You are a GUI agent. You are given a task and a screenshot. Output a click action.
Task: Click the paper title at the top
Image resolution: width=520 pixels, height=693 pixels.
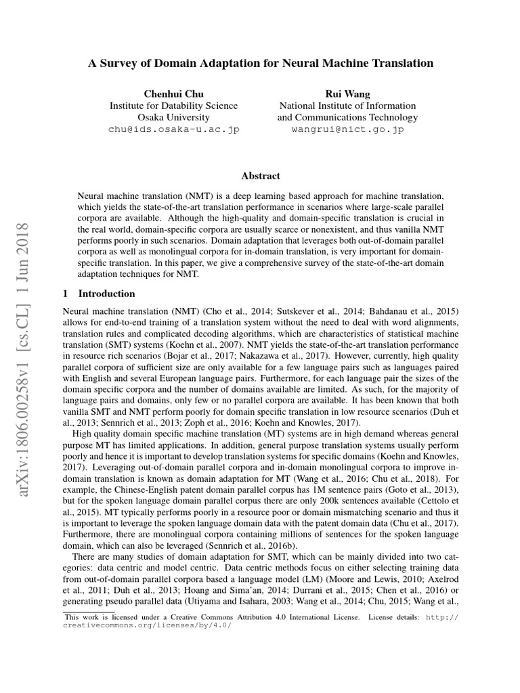(x=261, y=63)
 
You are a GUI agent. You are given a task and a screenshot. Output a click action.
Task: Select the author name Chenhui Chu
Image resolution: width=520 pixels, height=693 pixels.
(x=173, y=93)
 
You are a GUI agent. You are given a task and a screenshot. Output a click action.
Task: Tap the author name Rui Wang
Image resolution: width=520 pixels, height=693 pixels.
(x=347, y=93)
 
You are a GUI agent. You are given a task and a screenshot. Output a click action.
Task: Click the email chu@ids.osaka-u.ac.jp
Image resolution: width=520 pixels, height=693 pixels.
(x=173, y=129)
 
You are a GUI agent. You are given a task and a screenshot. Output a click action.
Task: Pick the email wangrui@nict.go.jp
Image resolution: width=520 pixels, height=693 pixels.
(x=347, y=129)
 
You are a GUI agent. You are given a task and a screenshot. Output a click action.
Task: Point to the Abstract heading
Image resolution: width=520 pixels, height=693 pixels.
(x=261, y=176)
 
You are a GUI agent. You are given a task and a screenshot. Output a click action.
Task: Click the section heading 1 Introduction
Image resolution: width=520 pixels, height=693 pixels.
(x=98, y=294)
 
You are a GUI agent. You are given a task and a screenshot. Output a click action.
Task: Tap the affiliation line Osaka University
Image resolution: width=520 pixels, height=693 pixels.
(x=173, y=117)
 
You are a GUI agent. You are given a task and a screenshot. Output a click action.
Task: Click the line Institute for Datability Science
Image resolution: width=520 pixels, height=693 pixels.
(x=173, y=106)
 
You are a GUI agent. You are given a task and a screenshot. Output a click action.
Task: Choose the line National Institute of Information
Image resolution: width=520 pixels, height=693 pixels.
(x=347, y=106)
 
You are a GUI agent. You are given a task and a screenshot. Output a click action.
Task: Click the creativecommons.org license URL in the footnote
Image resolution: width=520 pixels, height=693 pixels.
(x=147, y=625)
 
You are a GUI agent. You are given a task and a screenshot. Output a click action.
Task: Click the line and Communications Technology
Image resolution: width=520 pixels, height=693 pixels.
(x=347, y=117)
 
